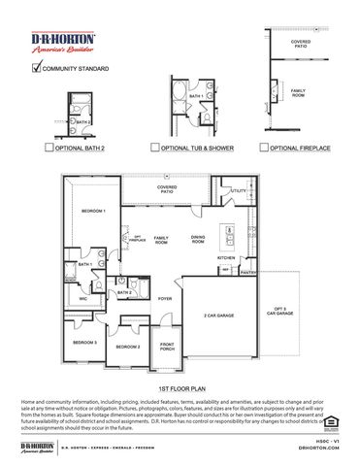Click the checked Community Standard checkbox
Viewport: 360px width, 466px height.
(x=38, y=68)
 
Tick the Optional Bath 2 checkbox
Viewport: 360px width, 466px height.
(x=49, y=148)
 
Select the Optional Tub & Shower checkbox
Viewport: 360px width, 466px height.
(x=155, y=148)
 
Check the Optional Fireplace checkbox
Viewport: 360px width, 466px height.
(x=263, y=148)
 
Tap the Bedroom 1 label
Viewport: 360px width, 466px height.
(x=93, y=210)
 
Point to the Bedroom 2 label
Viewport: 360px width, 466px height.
(x=129, y=347)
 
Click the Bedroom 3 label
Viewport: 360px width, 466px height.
(x=85, y=343)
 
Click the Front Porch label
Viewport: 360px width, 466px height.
(x=167, y=348)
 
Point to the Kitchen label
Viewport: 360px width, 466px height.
(x=226, y=257)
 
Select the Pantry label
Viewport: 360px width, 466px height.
(x=247, y=274)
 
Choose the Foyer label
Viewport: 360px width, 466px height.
(x=165, y=298)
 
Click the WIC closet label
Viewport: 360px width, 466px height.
(x=84, y=299)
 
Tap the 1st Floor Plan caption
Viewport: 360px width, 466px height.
(x=180, y=385)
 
